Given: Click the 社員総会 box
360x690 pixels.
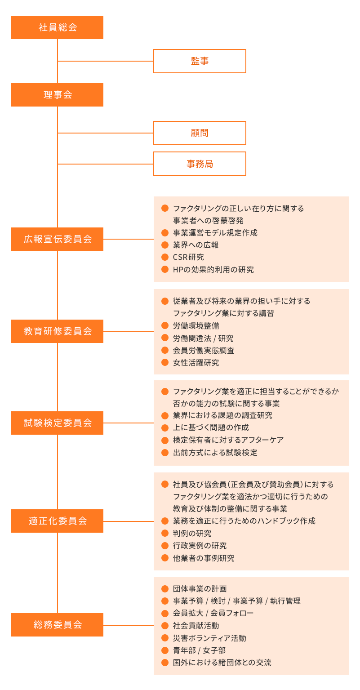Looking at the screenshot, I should pyautogui.click(x=57, y=27).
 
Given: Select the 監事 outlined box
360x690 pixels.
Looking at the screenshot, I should pyautogui.click(x=200, y=61).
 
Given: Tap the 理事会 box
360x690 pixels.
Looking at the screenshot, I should pyautogui.click(x=57, y=95).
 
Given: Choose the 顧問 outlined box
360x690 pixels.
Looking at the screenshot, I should pyautogui.click(x=200, y=133).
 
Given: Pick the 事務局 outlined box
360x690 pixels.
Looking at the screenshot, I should pyautogui.click(x=200, y=164).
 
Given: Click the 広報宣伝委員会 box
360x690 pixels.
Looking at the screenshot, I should pyautogui.click(x=57, y=239).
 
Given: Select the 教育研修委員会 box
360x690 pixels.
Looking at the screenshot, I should pyautogui.click(x=57, y=331).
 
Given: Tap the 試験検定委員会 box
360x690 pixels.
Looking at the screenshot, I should pyautogui.click(x=57, y=423).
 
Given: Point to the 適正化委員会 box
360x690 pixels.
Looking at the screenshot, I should pyautogui.click(x=57, y=521).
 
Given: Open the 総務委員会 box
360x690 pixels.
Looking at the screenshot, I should pyautogui.click(x=57, y=625).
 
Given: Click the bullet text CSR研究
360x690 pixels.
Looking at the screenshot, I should pyautogui.click(x=188, y=258).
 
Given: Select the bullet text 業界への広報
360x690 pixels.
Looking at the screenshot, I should pyautogui.click(x=196, y=245).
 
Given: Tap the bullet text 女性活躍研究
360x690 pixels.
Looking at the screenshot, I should pyautogui.click(x=196, y=362).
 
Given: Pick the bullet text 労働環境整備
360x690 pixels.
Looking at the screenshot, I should pyautogui.click(x=196, y=325).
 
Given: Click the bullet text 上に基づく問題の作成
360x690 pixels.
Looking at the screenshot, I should pyautogui.click(x=211, y=427).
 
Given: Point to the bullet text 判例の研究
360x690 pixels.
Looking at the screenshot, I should pyautogui.click(x=192, y=534).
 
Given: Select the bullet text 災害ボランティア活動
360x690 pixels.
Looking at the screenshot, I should pyautogui.click(x=209, y=638).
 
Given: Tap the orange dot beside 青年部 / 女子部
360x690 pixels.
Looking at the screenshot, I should pyautogui.click(x=164, y=650).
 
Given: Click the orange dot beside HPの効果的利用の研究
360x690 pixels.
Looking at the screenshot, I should pyautogui.click(x=164, y=270).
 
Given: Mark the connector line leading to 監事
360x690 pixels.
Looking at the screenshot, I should pyautogui.click(x=106, y=61).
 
